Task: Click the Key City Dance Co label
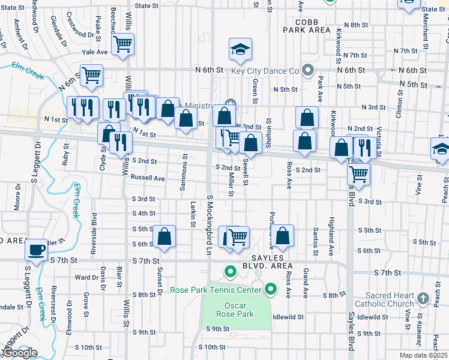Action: click(264, 71)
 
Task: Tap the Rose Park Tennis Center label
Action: click(215, 290)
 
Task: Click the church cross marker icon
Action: click(423, 298)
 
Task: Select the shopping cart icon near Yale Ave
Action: click(122, 43)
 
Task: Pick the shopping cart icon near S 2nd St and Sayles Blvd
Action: click(359, 174)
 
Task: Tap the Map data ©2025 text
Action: click(423, 355)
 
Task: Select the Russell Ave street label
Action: click(148, 178)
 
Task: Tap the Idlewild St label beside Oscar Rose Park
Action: click(288, 316)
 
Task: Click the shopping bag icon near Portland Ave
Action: click(284, 235)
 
